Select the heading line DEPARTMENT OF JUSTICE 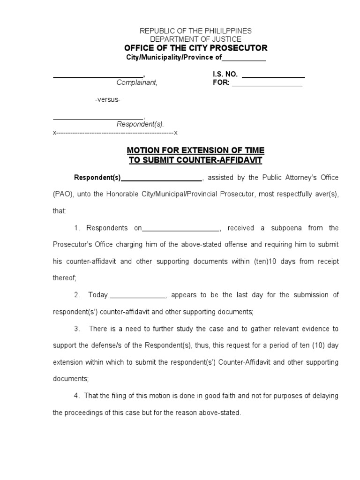tap(196, 39)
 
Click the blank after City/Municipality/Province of tap(244, 58)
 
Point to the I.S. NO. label tap(225, 74)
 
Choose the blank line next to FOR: tap(267, 83)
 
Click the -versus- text tap(108, 100)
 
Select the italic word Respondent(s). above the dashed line tap(140, 125)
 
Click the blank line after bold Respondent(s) tap(161, 178)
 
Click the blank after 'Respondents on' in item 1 tap(180, 228)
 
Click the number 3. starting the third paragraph tap(77, 329)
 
